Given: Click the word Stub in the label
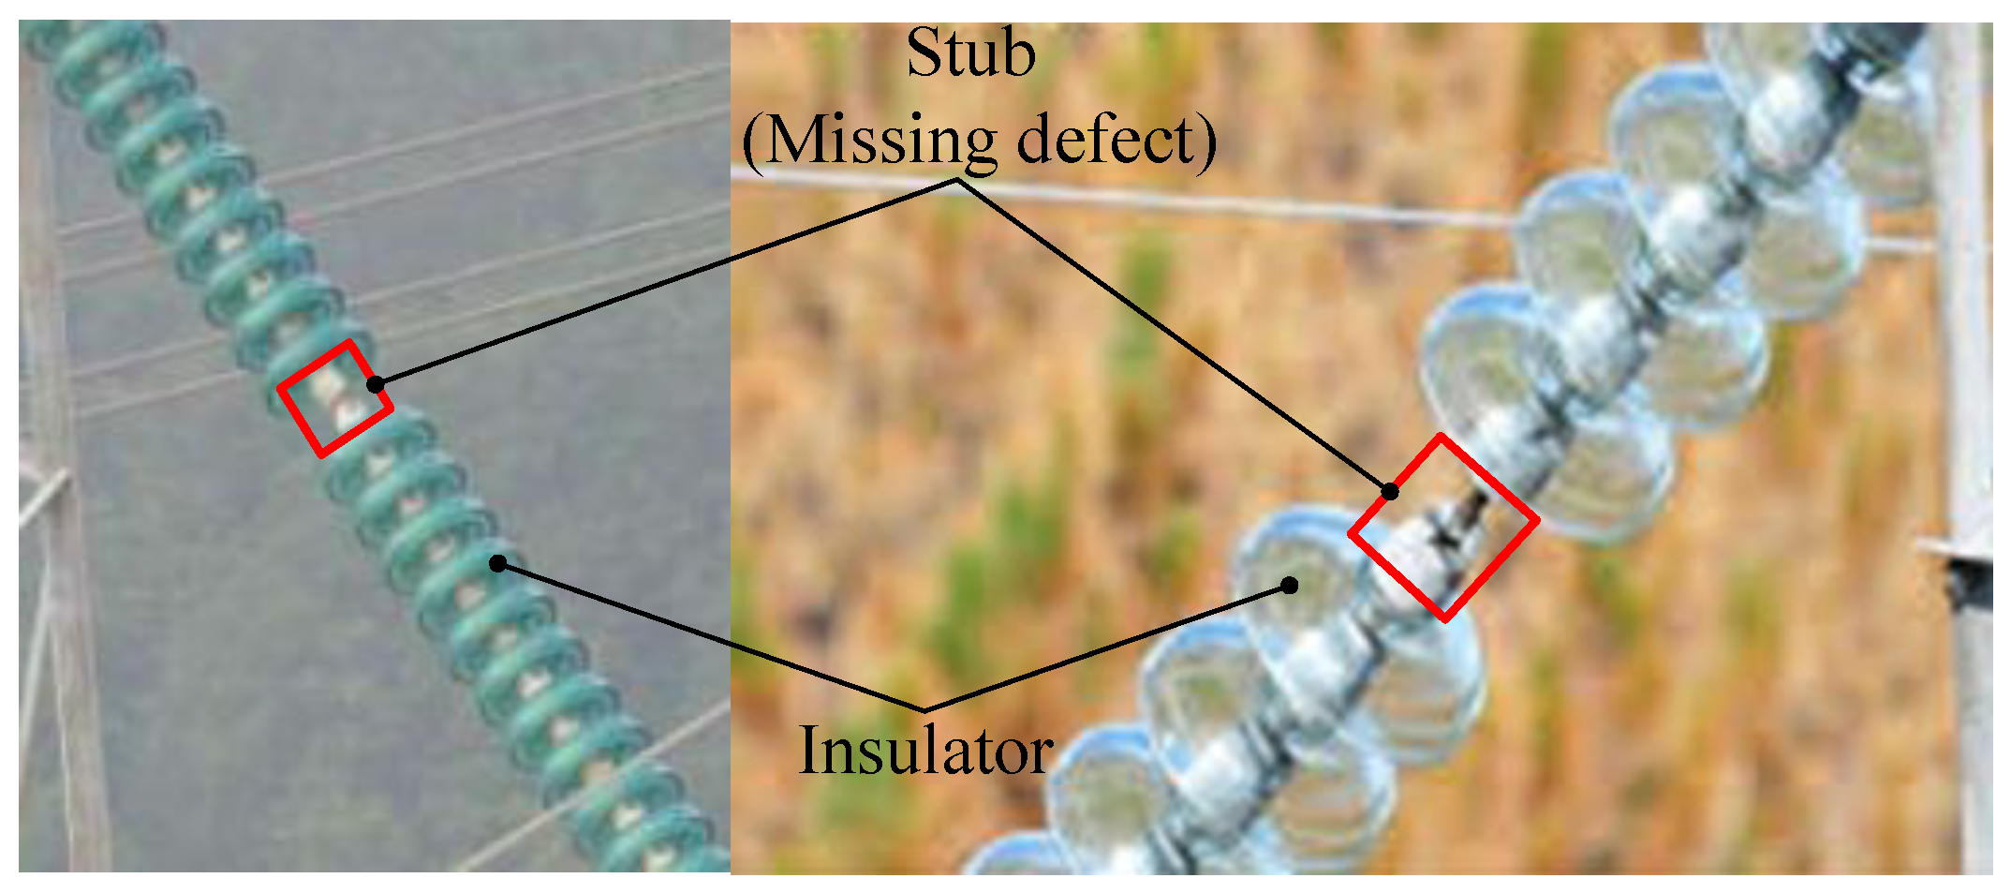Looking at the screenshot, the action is [970, 54].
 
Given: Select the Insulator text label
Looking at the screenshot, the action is [925, 752].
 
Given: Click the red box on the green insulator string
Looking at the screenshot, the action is [334, 398].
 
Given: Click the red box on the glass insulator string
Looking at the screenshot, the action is [1443, 527].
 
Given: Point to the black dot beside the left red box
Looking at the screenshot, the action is [376, 384].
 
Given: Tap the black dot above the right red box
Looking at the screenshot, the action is [1391, 491].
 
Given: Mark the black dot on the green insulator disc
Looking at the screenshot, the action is [498, 563].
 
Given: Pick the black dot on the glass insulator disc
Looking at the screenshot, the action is [1290, 585].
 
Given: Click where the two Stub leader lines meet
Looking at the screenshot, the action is [957, 181].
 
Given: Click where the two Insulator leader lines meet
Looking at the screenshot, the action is [924, 709].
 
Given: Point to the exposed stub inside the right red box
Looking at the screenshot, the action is [1450, 525].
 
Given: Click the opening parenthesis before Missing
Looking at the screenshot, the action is [755, 142].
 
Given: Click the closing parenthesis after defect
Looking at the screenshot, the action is [1206, 142].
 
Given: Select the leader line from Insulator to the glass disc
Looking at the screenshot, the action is [1105, 647].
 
